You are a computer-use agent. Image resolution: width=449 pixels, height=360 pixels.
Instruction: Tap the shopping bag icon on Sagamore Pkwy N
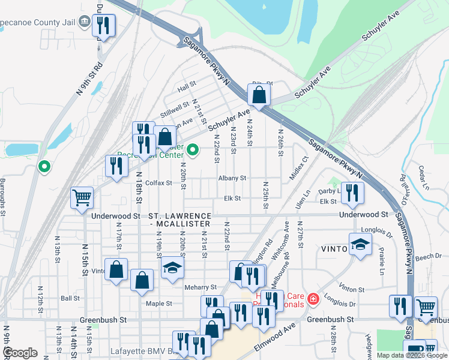click(259, 95)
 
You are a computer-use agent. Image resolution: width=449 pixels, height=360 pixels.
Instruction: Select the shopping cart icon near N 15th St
click(82, 197)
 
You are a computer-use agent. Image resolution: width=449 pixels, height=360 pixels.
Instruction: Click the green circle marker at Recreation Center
click(193, 149)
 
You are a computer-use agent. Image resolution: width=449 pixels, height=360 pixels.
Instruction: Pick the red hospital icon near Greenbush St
click(313, 298)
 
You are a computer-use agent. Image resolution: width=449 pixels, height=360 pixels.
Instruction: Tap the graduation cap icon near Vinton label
click(360, 244)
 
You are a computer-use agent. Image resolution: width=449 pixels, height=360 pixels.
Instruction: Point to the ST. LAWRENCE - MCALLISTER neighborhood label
click(180, 220)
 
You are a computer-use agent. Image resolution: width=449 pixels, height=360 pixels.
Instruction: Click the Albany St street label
click(232, 178)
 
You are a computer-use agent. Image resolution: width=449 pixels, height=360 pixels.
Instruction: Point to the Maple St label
click(159, 304)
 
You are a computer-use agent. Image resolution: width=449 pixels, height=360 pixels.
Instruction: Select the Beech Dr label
click(430, 256)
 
